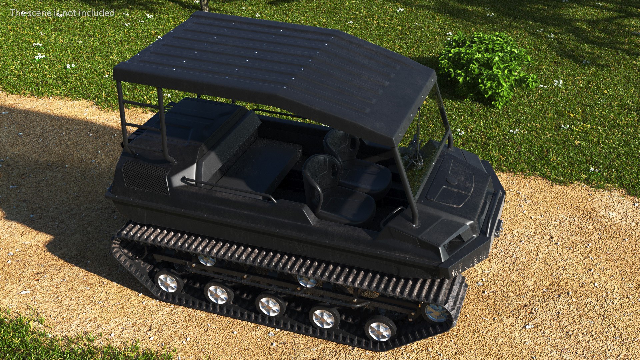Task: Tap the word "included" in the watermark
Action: (x=100, y=13)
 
